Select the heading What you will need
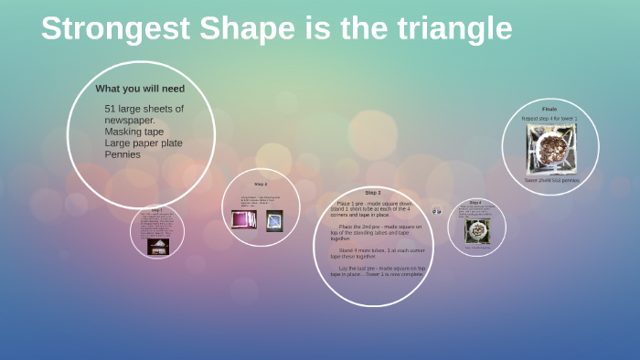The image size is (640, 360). (140, 89)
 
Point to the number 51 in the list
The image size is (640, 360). (111, 109)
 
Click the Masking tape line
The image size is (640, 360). (134, 132)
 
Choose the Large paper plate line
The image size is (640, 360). (144, 143)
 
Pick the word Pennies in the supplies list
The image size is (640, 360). (123, 154)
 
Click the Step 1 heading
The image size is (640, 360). (156, 209)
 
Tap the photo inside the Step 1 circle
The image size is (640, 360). (157, 246)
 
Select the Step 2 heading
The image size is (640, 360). (261, 184)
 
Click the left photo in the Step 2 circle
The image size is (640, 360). (244, 219)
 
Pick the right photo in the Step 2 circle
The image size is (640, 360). (274, 220)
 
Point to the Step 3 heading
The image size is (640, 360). (372, 193)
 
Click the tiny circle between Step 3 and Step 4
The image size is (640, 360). (437, 210)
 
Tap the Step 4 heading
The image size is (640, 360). (475, 202)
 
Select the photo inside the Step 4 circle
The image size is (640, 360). (477, 231)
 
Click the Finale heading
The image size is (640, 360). (549, 109)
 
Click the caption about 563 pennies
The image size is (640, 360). (550, 180)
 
